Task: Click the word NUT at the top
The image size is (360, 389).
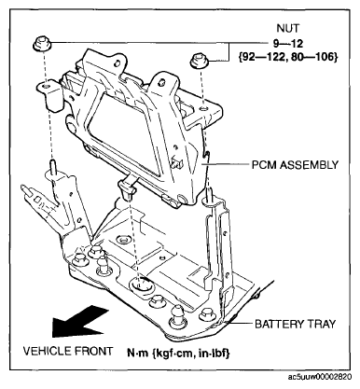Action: [x=288, y=28]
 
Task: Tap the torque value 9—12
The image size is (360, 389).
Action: [x=288, y=43]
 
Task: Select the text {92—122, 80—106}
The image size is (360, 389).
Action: [x=288, y=57]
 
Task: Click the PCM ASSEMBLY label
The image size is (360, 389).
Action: [x=295, y=164]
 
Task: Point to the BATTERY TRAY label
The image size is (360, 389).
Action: [x=296, y=324]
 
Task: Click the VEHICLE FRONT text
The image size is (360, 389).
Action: [x=68, y=351]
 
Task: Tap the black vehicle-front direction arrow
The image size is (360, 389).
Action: [x=79, y=322]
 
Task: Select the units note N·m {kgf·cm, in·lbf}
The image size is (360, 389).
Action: [x=178, y=353]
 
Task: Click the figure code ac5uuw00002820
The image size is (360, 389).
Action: [x=320, y=377]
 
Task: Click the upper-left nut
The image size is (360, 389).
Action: [x=42, y=44]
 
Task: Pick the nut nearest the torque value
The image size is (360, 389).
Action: [x=199, y=61]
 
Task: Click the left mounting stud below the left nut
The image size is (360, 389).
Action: [x=52, y=165]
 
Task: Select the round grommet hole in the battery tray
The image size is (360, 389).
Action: [x=141, y=285]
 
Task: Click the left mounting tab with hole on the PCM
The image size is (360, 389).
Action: [x=49, y=95]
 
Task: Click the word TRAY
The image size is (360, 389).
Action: [x=322, y=324]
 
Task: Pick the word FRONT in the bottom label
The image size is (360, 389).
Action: [x=93, y=351]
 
